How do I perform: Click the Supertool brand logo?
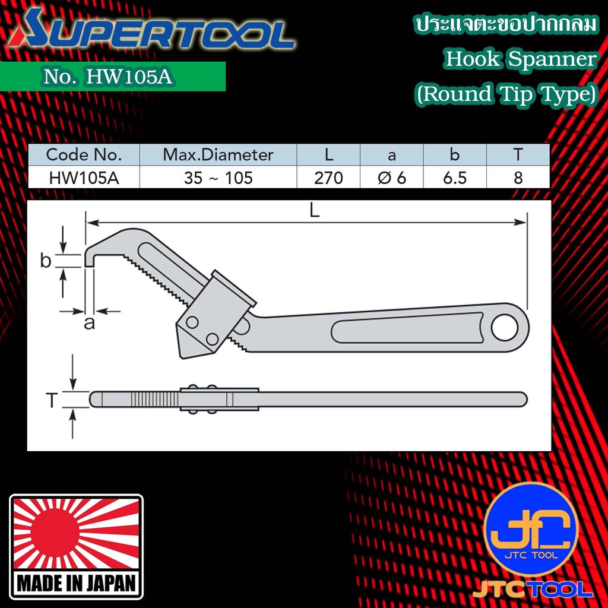click(x=151, y=30)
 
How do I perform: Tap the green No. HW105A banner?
click(x=112, y=77)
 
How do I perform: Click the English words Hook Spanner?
click(x=520, y=59)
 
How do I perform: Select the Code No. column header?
click(x=84, y=155)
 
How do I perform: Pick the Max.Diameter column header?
click(x=218, y=155)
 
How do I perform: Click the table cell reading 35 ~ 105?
click(x=218, y=178)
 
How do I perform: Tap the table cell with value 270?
click(x=328, y=178)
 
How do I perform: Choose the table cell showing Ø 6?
click(x=392, y=178)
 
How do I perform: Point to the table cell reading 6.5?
click(x=455, y=178)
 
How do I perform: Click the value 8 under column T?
click(x=518, y=178)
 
